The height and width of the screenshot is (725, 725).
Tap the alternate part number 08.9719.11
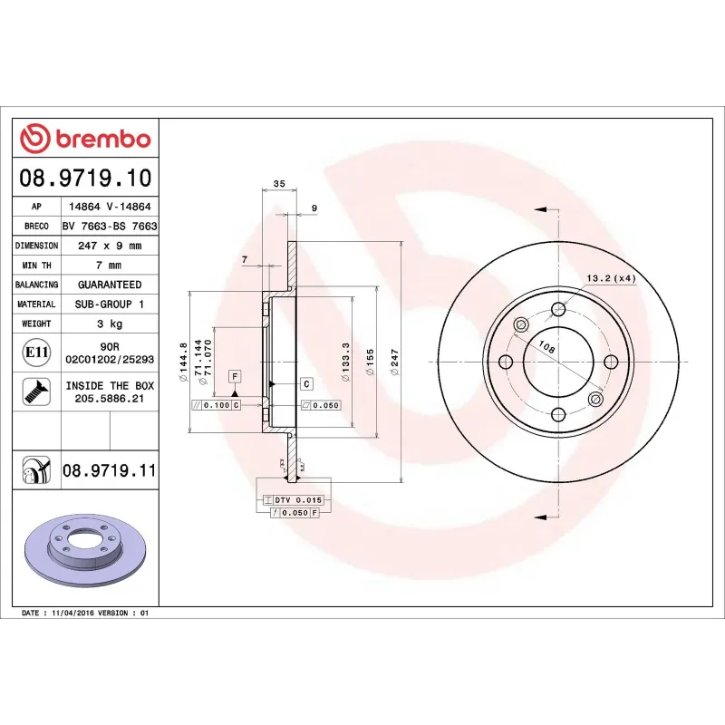click(109, 470)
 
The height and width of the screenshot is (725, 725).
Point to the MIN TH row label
click(36, 266)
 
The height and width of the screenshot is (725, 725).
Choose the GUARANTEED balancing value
click(109, 285)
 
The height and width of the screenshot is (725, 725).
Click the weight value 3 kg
click(109, 324)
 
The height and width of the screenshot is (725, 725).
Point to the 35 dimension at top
click(279, 184)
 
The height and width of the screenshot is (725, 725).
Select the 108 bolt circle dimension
click(546, 347)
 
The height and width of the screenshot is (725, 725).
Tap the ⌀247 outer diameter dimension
click(393, 362)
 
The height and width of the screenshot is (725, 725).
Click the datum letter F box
click(235, 375)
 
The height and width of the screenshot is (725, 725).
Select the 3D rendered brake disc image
click(86, 554)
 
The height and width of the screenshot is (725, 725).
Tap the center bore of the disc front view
click(557, 362)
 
